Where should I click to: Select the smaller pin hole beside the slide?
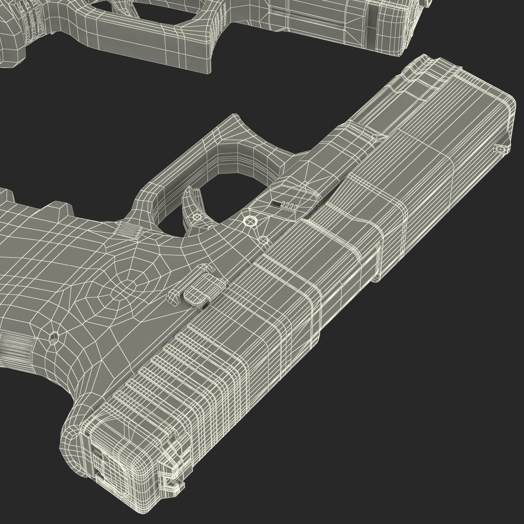point(263,241)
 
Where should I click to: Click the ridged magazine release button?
point(128,230)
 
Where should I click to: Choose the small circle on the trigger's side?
point(197,216)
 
